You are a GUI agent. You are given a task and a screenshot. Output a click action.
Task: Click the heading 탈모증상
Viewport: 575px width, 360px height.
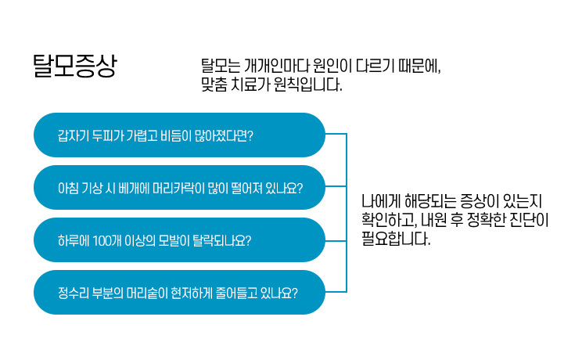point(75,66)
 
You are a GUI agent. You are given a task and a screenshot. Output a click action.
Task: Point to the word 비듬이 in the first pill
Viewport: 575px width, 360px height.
point(176,136)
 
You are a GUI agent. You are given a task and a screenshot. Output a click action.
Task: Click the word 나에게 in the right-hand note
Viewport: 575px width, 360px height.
point(381,200)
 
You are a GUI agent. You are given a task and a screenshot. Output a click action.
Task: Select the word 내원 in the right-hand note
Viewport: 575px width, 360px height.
point(434,220)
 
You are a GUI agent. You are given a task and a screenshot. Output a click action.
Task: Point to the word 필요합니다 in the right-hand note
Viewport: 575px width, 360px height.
point(396,239)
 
